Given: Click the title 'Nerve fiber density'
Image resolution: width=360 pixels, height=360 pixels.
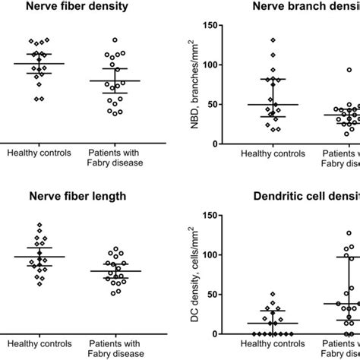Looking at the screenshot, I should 76,9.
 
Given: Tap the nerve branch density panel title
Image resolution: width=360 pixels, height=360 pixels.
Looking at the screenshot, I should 304,9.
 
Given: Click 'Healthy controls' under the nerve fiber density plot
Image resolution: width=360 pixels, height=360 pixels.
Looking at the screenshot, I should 39,152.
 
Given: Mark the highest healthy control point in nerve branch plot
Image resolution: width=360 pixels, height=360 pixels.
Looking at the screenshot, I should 273,40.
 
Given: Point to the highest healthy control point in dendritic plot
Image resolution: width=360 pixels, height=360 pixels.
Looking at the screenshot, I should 273,294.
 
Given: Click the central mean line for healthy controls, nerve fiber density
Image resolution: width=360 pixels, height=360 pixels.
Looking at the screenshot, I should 39,64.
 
